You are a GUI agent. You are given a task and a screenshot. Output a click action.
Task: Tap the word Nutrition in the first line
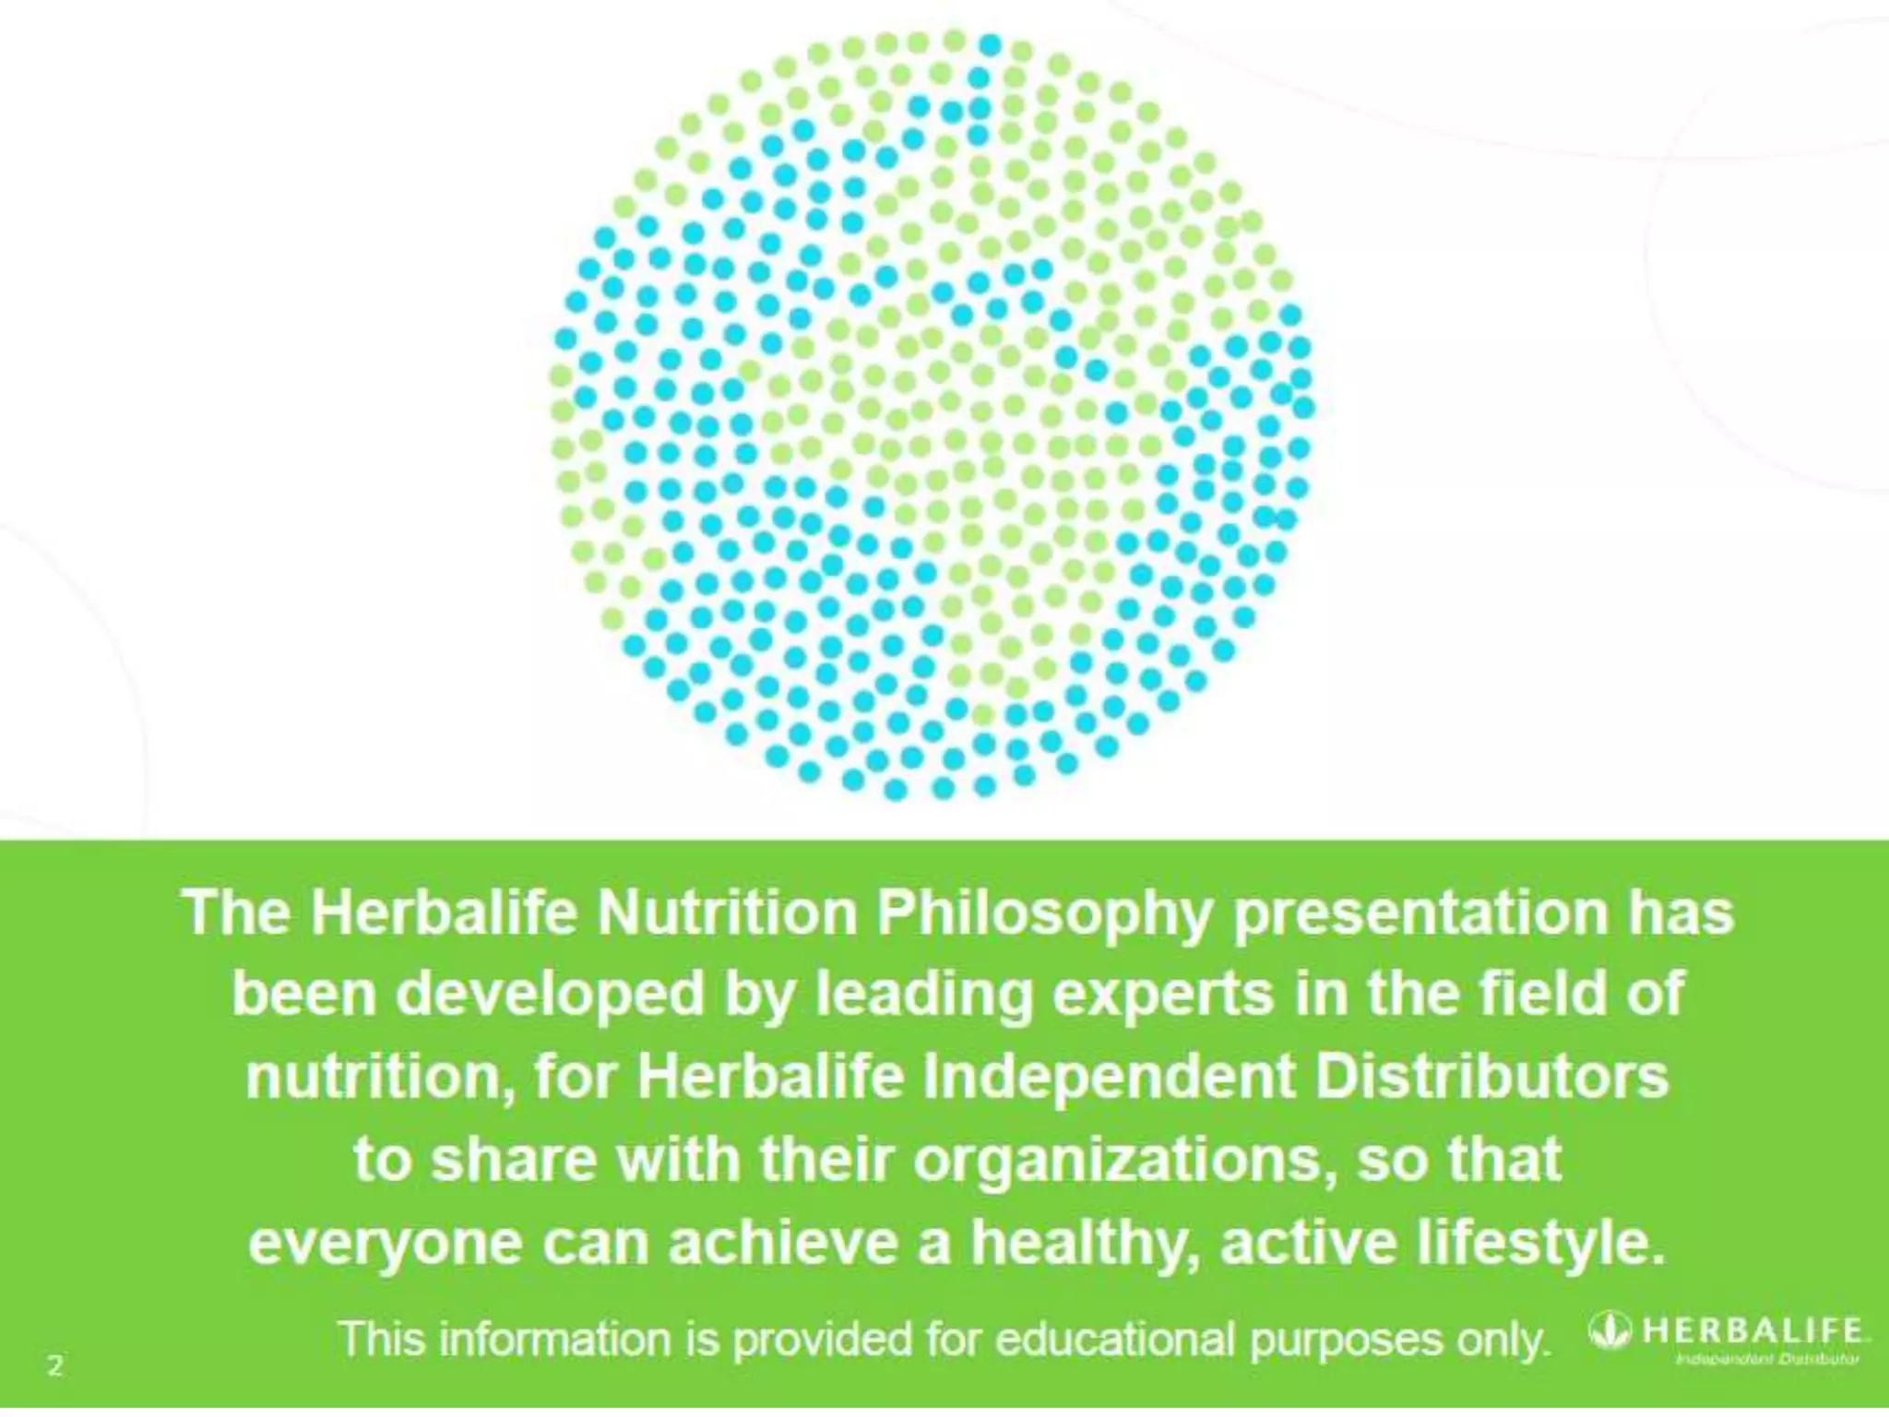pyautogui.click(x=728, y=913)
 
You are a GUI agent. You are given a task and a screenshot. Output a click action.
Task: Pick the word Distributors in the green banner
pyautogui.click(x=1491, y=1078)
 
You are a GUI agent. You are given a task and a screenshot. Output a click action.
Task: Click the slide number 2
pyautogui.click(x=55, y=1365)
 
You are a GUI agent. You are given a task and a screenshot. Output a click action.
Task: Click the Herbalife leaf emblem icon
pyautogui.click(x=1610, y=1330)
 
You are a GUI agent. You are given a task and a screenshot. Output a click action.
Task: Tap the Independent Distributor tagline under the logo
pyautogui.click(x=1766, y=1359)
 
